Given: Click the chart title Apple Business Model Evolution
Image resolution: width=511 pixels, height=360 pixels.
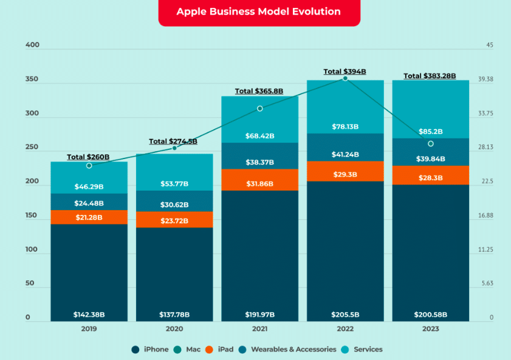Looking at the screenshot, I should pyautogui.click(x=258, y=12).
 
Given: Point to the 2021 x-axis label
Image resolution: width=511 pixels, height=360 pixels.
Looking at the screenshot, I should pyautogui.click(x=259, y=328).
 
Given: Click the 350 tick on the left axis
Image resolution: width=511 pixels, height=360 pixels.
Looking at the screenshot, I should pyautogui.click(x=32, y=80).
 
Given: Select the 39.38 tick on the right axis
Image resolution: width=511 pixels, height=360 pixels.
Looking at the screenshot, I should pyautogui.click(x=485, y=80).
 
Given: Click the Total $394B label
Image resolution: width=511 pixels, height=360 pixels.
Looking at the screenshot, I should pyautogui.click(x=345, y=72).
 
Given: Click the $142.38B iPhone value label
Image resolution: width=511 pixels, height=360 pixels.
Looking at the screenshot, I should pyautogui.click(x=89, y=314).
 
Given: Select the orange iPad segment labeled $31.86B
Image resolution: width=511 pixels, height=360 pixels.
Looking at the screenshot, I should pyautogui.click(x=259, y=184).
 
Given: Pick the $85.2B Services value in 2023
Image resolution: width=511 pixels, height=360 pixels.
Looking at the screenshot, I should pyautogui.click(x=430, y=131).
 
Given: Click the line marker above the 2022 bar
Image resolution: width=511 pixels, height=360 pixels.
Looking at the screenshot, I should pyautogui.click(x=345, y=78).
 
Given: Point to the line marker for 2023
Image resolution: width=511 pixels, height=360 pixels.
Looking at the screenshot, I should pyautogui.click(x=430, y=144).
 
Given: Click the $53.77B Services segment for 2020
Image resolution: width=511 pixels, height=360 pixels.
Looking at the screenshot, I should pyautogui.click(x=174, y=184).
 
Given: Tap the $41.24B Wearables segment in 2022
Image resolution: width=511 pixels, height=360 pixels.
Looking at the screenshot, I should pyautogui.click(x=345, y=155).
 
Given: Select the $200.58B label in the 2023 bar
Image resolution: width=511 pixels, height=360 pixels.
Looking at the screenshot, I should pyautogui.click(x=430, y=314).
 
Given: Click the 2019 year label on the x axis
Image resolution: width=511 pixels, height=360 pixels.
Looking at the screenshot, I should pyautogui.click(x=89, y=328).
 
